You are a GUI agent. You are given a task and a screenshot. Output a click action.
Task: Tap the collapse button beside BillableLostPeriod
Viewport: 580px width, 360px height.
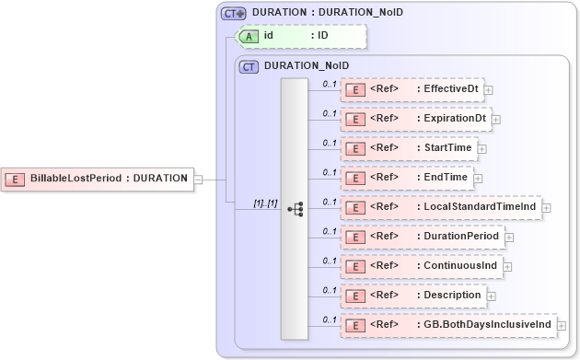(198, 179)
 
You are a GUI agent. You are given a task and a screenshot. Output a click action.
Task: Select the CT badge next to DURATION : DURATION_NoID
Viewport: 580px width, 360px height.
(233, 13)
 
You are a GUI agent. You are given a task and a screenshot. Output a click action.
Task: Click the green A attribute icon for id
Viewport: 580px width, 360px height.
(249, 36)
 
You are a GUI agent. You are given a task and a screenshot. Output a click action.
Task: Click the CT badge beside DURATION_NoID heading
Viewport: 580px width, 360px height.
(249, 66)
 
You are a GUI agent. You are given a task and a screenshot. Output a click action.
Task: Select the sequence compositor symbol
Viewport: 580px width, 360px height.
(295, 209)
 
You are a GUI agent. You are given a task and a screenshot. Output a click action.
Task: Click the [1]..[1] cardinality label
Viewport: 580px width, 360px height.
(265, 203)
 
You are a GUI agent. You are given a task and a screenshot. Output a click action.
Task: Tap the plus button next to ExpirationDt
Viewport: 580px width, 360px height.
(496, 120)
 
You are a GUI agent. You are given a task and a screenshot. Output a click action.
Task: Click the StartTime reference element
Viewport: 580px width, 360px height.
(409, 148)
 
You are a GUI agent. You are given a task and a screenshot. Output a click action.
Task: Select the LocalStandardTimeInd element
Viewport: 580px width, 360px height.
(441, 207)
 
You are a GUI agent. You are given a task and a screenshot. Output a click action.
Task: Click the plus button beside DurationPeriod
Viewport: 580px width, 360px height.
(509, 238)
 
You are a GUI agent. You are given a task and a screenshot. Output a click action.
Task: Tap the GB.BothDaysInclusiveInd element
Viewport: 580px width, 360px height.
(447, 325)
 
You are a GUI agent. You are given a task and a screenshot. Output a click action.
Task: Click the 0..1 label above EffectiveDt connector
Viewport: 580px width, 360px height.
(328, 83)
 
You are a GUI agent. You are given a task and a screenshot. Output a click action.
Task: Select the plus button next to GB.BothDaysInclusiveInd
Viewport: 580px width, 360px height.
(562, 326)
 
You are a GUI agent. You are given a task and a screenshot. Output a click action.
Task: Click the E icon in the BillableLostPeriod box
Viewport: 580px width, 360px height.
(16, 178)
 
